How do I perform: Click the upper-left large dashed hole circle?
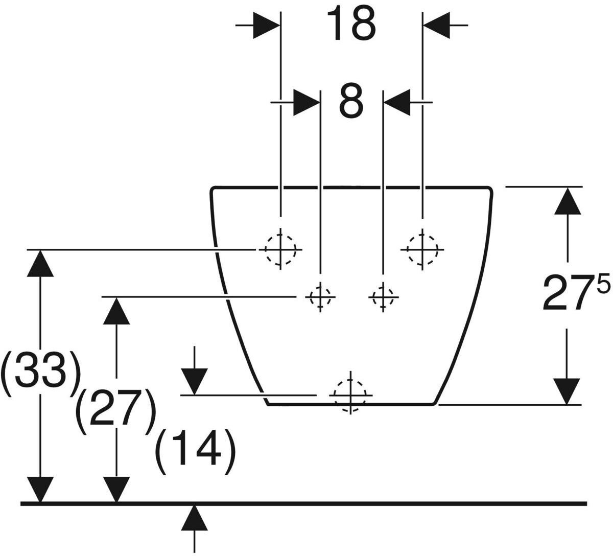(x=280, y=250)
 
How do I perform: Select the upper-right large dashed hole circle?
(x=422, y=250)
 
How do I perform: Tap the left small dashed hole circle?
(x=320, y=297)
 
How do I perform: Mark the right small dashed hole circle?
(x=383, y=297)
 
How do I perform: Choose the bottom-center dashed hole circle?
(x=350, y=396)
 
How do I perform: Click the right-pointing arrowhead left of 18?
(x=267, y=26)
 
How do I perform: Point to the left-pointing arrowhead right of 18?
(x=436, y=26)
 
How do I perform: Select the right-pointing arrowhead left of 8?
(x=306, y=102)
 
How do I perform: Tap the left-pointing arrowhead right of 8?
(x=397, y=102)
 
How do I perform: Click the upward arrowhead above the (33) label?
(x=40, y=264)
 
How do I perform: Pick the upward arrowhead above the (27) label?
(x=116, y=311)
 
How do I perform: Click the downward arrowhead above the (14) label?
(x=194, y=382)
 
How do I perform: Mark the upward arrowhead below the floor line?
(x=194, y=518)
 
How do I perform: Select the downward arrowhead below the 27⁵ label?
(x=567, y=391)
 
